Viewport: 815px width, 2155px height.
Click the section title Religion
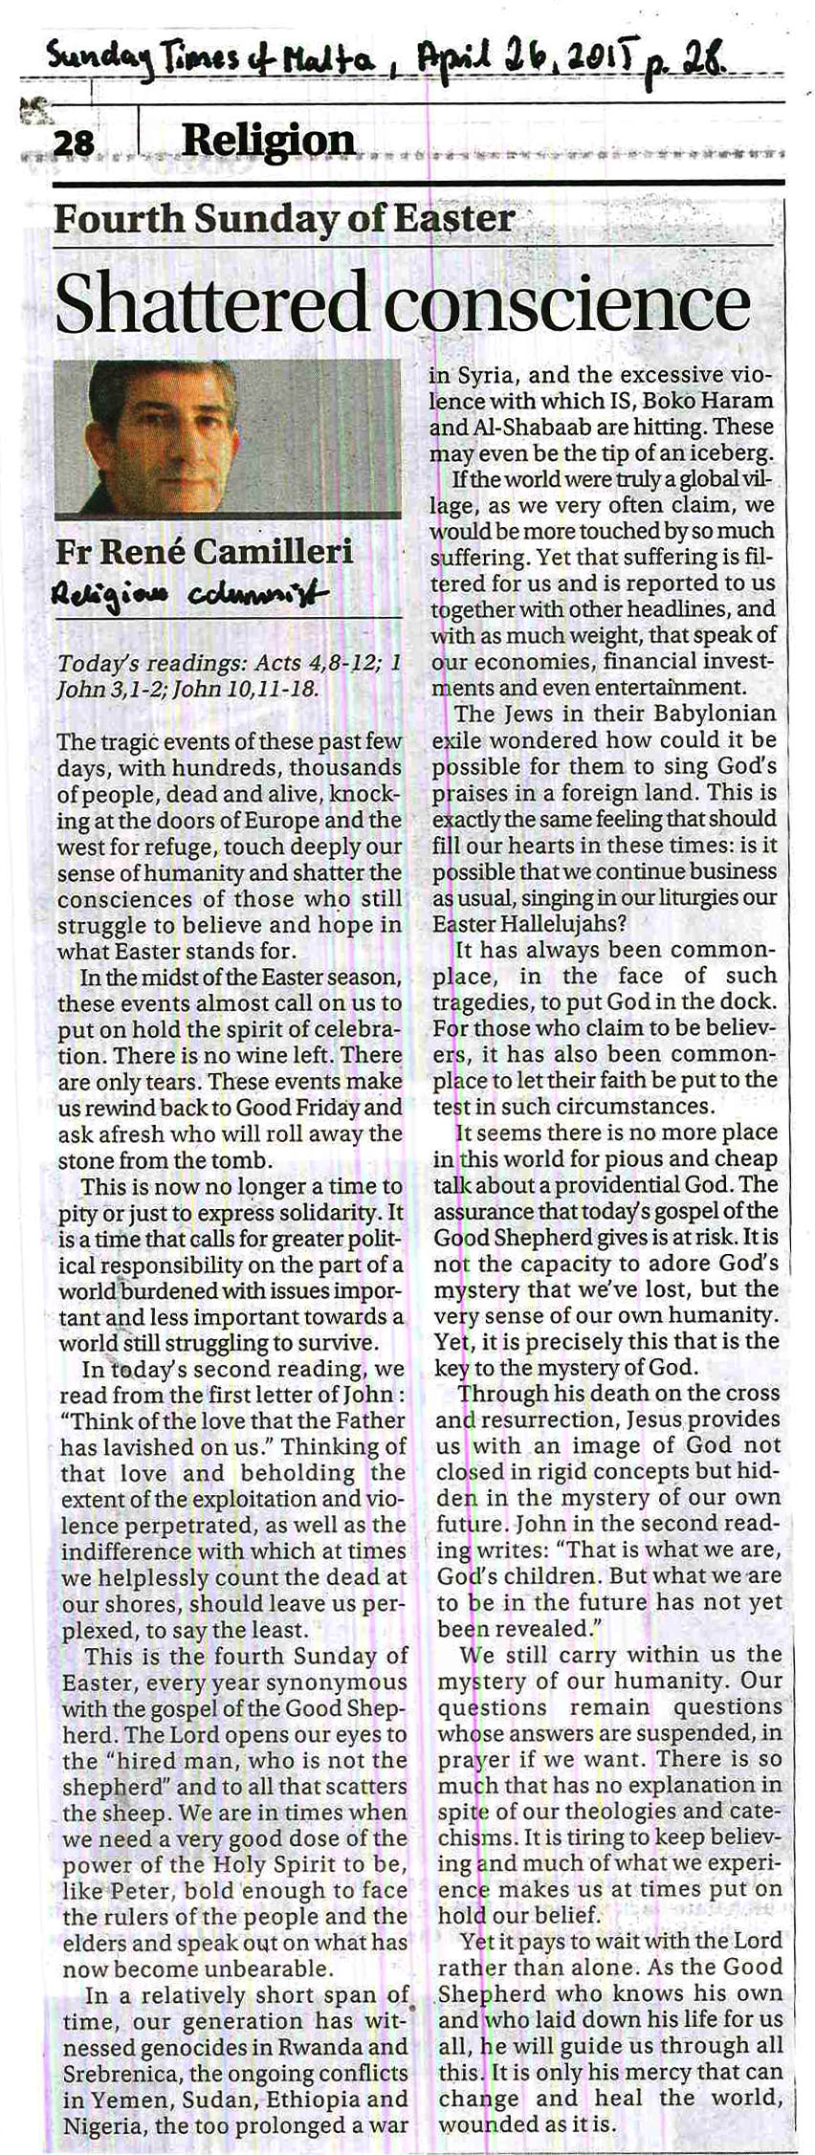click(268, 141)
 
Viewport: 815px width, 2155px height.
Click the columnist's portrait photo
click(228, 436)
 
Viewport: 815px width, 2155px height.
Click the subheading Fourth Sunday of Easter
click(284, 219)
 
